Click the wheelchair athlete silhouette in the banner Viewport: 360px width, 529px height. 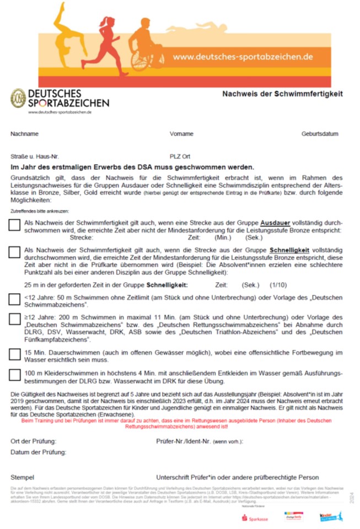[146, 46]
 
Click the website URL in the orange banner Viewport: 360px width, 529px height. [243, 57]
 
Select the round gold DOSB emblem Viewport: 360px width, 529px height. [18, 98]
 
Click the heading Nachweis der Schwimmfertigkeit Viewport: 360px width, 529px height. [282, 94]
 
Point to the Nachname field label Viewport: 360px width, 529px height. [24, 134]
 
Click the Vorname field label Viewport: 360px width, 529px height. [181, 134]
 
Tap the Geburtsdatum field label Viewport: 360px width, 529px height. [320, 134]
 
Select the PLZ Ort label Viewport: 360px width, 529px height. [180, 156]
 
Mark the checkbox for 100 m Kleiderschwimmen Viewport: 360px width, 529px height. [15, 375]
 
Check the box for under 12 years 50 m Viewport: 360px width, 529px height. [15, 299]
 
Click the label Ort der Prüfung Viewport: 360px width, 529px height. [33, 441]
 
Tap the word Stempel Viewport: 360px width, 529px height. [23, 477]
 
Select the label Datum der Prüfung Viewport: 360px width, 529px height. [38, 452]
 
